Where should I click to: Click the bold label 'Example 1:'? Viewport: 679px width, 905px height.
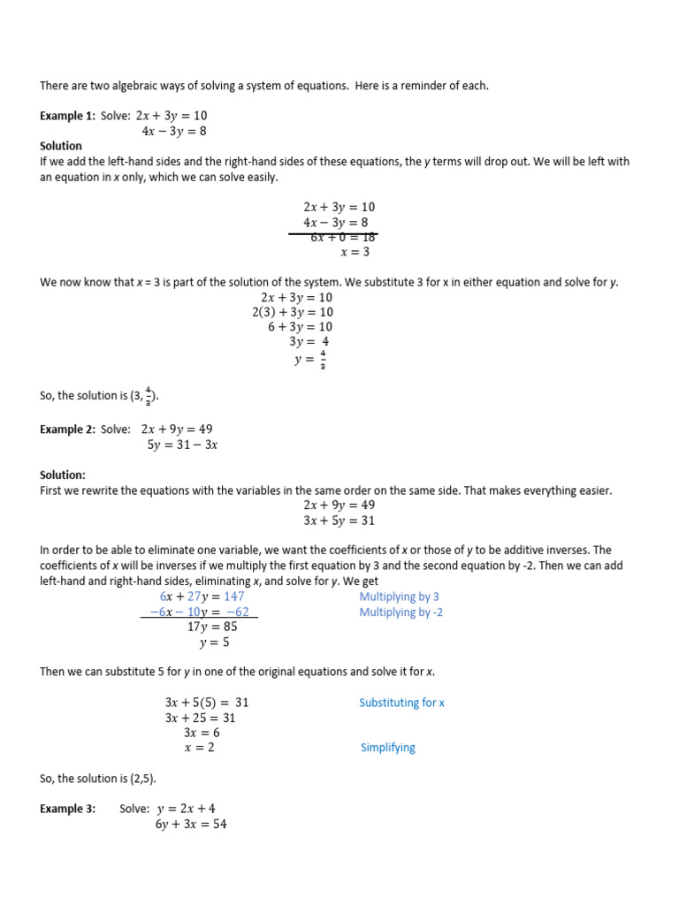(x=66, y=116)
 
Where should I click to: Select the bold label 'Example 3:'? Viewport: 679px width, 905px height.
(x=67, y=809)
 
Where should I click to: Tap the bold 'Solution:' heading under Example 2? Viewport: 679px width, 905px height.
(x=63, y=475)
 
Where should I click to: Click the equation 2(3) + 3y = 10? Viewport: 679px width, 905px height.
(x=293, y=312)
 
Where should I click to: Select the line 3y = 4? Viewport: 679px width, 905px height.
(x=309, y=342)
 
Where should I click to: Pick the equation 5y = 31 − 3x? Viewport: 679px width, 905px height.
(x=182, y=445)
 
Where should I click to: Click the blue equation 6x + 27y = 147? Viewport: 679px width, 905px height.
(x=202, y=597)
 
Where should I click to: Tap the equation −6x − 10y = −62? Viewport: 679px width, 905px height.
(x=199, y=612)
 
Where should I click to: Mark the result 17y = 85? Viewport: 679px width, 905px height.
(x=212, y=627)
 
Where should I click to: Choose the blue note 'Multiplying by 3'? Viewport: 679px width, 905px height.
(x=399, y=597)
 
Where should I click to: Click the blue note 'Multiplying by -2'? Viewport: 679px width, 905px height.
(x=401, y=612)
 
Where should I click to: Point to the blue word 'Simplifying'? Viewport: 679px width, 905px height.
(x=387, y=748)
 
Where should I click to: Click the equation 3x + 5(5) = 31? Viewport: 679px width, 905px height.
(x=207, y=703)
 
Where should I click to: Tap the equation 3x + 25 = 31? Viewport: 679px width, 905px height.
(x=200, y=718)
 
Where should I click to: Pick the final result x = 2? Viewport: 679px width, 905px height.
(x=199, y=748)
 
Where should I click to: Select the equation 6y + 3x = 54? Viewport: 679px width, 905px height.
(x=191, y=825)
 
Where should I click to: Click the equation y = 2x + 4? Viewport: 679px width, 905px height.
(x=186, y=809)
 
